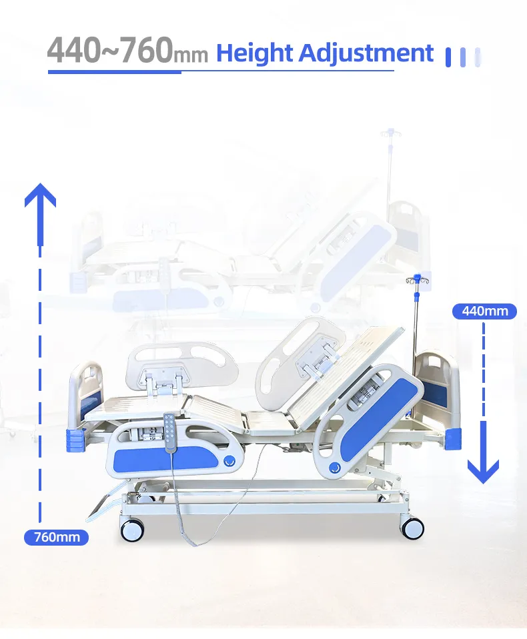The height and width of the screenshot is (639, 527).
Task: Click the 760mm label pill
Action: [x=56, y=537]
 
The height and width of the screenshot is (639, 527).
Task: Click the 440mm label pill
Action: [x=484, y=311]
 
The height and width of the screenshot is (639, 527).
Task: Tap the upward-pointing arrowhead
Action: [x=40, y=195]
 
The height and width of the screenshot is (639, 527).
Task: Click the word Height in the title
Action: [x=254, y=53]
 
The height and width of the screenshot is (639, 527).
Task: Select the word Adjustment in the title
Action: [x=366, y=53]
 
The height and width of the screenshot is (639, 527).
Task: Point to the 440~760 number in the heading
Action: [x=110, y=50]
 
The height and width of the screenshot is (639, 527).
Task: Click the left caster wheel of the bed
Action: [x=132, y=530]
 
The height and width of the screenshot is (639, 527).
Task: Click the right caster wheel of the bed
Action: [x=412, y=528]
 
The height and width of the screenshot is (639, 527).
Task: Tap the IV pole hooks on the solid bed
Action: [x=417, y=279]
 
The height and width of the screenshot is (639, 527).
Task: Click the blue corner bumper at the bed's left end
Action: [x=75, y=440]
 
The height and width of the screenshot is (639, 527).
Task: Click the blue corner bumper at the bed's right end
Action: [x=453, y=438]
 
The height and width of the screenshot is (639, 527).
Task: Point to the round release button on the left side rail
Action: [x=229, y=460]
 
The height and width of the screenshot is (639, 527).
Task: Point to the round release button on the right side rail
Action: [x=335, y=468]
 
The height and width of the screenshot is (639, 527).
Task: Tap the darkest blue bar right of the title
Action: [x=448, y=57]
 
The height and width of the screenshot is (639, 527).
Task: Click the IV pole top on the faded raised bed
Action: [x=390, y=133]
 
